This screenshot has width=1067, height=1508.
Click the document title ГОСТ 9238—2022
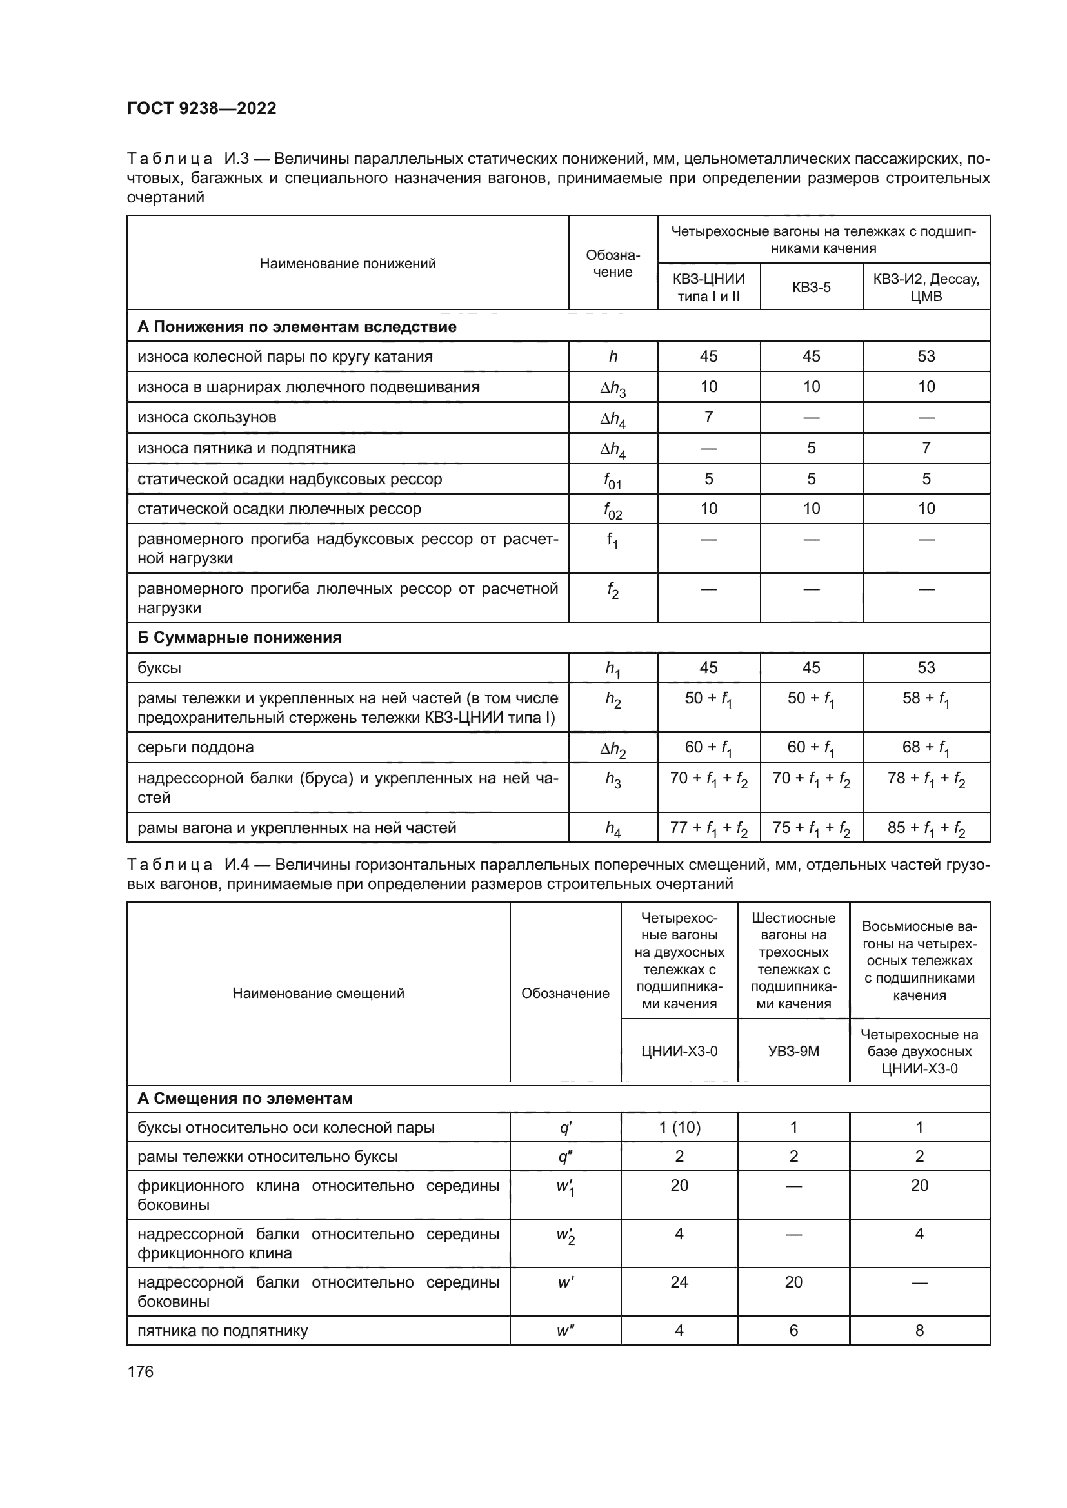(201, 108)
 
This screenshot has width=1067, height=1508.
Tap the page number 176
(140, 1371)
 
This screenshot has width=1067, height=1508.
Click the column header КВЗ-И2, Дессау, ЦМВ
(926, 287)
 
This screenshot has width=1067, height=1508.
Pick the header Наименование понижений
(348, 264)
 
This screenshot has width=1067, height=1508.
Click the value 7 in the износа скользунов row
(708, 417)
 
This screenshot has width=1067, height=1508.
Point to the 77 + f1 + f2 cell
(708, 828)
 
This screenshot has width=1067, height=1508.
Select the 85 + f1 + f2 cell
(926, 828)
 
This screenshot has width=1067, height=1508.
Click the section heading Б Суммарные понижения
(239, 638)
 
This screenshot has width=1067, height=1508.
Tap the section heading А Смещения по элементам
(244, 1098)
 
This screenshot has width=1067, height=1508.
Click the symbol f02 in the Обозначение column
(612, 510)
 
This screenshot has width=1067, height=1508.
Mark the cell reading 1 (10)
(679, 1128)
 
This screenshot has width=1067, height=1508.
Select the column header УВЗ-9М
(793, 1051)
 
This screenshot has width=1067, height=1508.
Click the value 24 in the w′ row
(679, 1282)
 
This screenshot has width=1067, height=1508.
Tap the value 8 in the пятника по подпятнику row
(919, 1331)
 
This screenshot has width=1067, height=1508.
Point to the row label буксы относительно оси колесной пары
(286, 1128)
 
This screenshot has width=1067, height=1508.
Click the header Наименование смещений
(318, 993)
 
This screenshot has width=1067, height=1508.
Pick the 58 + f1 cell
(926, 699)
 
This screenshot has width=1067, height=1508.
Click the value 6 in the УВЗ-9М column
(793, 1331)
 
